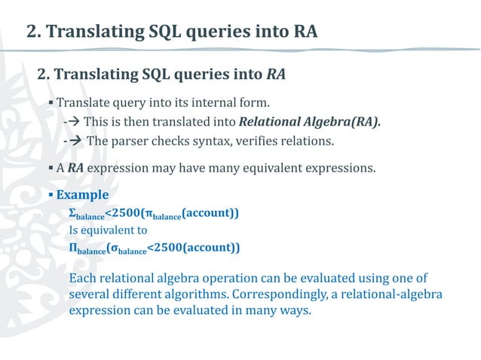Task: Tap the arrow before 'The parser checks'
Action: [75, 141]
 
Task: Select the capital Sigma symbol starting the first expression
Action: [72, 213]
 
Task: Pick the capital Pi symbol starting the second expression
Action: [73, 248]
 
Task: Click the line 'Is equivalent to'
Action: [108, 230]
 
